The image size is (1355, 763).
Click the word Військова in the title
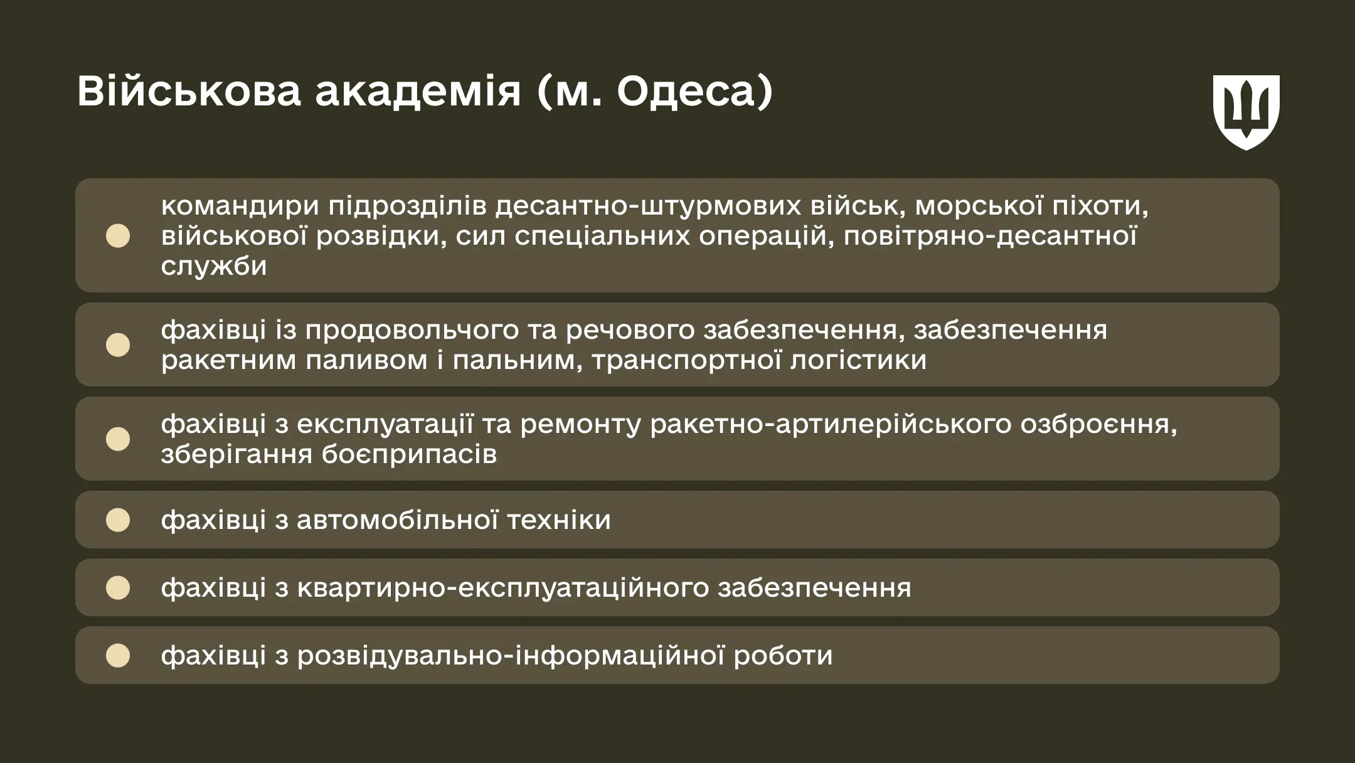(189, 92)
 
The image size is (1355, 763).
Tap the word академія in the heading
(418, 92)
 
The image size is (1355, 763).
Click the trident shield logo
(1246, 112)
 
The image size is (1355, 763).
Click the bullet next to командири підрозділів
(118, 236)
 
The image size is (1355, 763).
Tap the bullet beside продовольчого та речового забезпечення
(118, 344)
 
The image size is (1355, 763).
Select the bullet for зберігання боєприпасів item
(118, 439)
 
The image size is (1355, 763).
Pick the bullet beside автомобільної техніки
(118, 520)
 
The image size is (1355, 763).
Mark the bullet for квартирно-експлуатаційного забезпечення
(118, 587)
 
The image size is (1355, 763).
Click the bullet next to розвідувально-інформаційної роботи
(118, 655)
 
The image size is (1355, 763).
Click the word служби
(214, 266)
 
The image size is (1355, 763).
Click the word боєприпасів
(408, 454)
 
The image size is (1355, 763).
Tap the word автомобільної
(397, 520)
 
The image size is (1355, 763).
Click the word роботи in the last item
(783, 656)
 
